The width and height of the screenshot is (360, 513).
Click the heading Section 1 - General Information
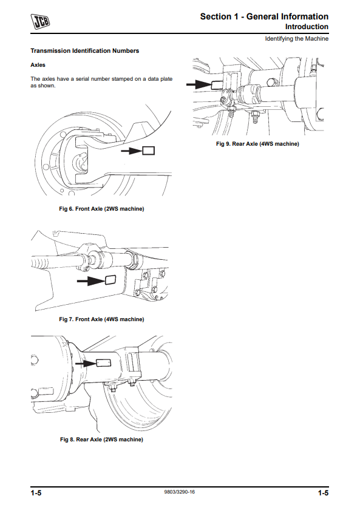pyautogui.click(x=264, y=16)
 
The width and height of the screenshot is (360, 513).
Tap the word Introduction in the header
pyautogui.click(x=307, y=27)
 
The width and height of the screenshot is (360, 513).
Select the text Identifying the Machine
pyautogui.click(x=296, y=39)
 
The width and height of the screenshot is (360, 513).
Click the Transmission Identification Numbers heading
pyautogui.click(x=85, y=51)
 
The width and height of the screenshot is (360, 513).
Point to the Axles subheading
pyautogui.click(x=38, y=65)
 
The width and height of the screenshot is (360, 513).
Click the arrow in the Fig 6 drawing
pyautogui.click(x=132, y=151)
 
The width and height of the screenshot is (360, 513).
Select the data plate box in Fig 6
pyautogui.click(x=149, y=151)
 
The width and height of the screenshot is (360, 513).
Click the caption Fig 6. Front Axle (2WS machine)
pyautogui.click(x=101, y=209)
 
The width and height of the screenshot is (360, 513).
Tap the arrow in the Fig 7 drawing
pyautogui.click(x=91, y=280)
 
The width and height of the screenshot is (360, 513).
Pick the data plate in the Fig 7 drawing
pyautogui.click(x=110, y=280)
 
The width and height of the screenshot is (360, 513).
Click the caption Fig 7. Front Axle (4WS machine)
pyautogui.click(x=101, y=319)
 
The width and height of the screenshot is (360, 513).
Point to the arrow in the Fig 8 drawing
pyautogui.click(x=86, y=363)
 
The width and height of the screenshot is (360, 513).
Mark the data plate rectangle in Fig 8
pyautogui.click(x=103, y=363)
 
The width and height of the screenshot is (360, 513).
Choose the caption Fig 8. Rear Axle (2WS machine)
pyautogui.click(x=101, y=440)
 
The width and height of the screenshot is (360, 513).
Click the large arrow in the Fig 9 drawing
pyautogui.click(x=199, y=84)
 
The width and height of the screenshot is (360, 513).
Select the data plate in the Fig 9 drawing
pyautogui.click(x=217, y=85)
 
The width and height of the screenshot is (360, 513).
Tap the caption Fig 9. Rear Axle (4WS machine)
pyautogui.click(x=257, y=144)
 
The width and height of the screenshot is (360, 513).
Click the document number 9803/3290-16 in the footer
pyautogui.click(x=180, y=492)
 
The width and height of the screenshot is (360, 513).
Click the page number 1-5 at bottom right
pyautogui.click(x=324, y=493)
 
